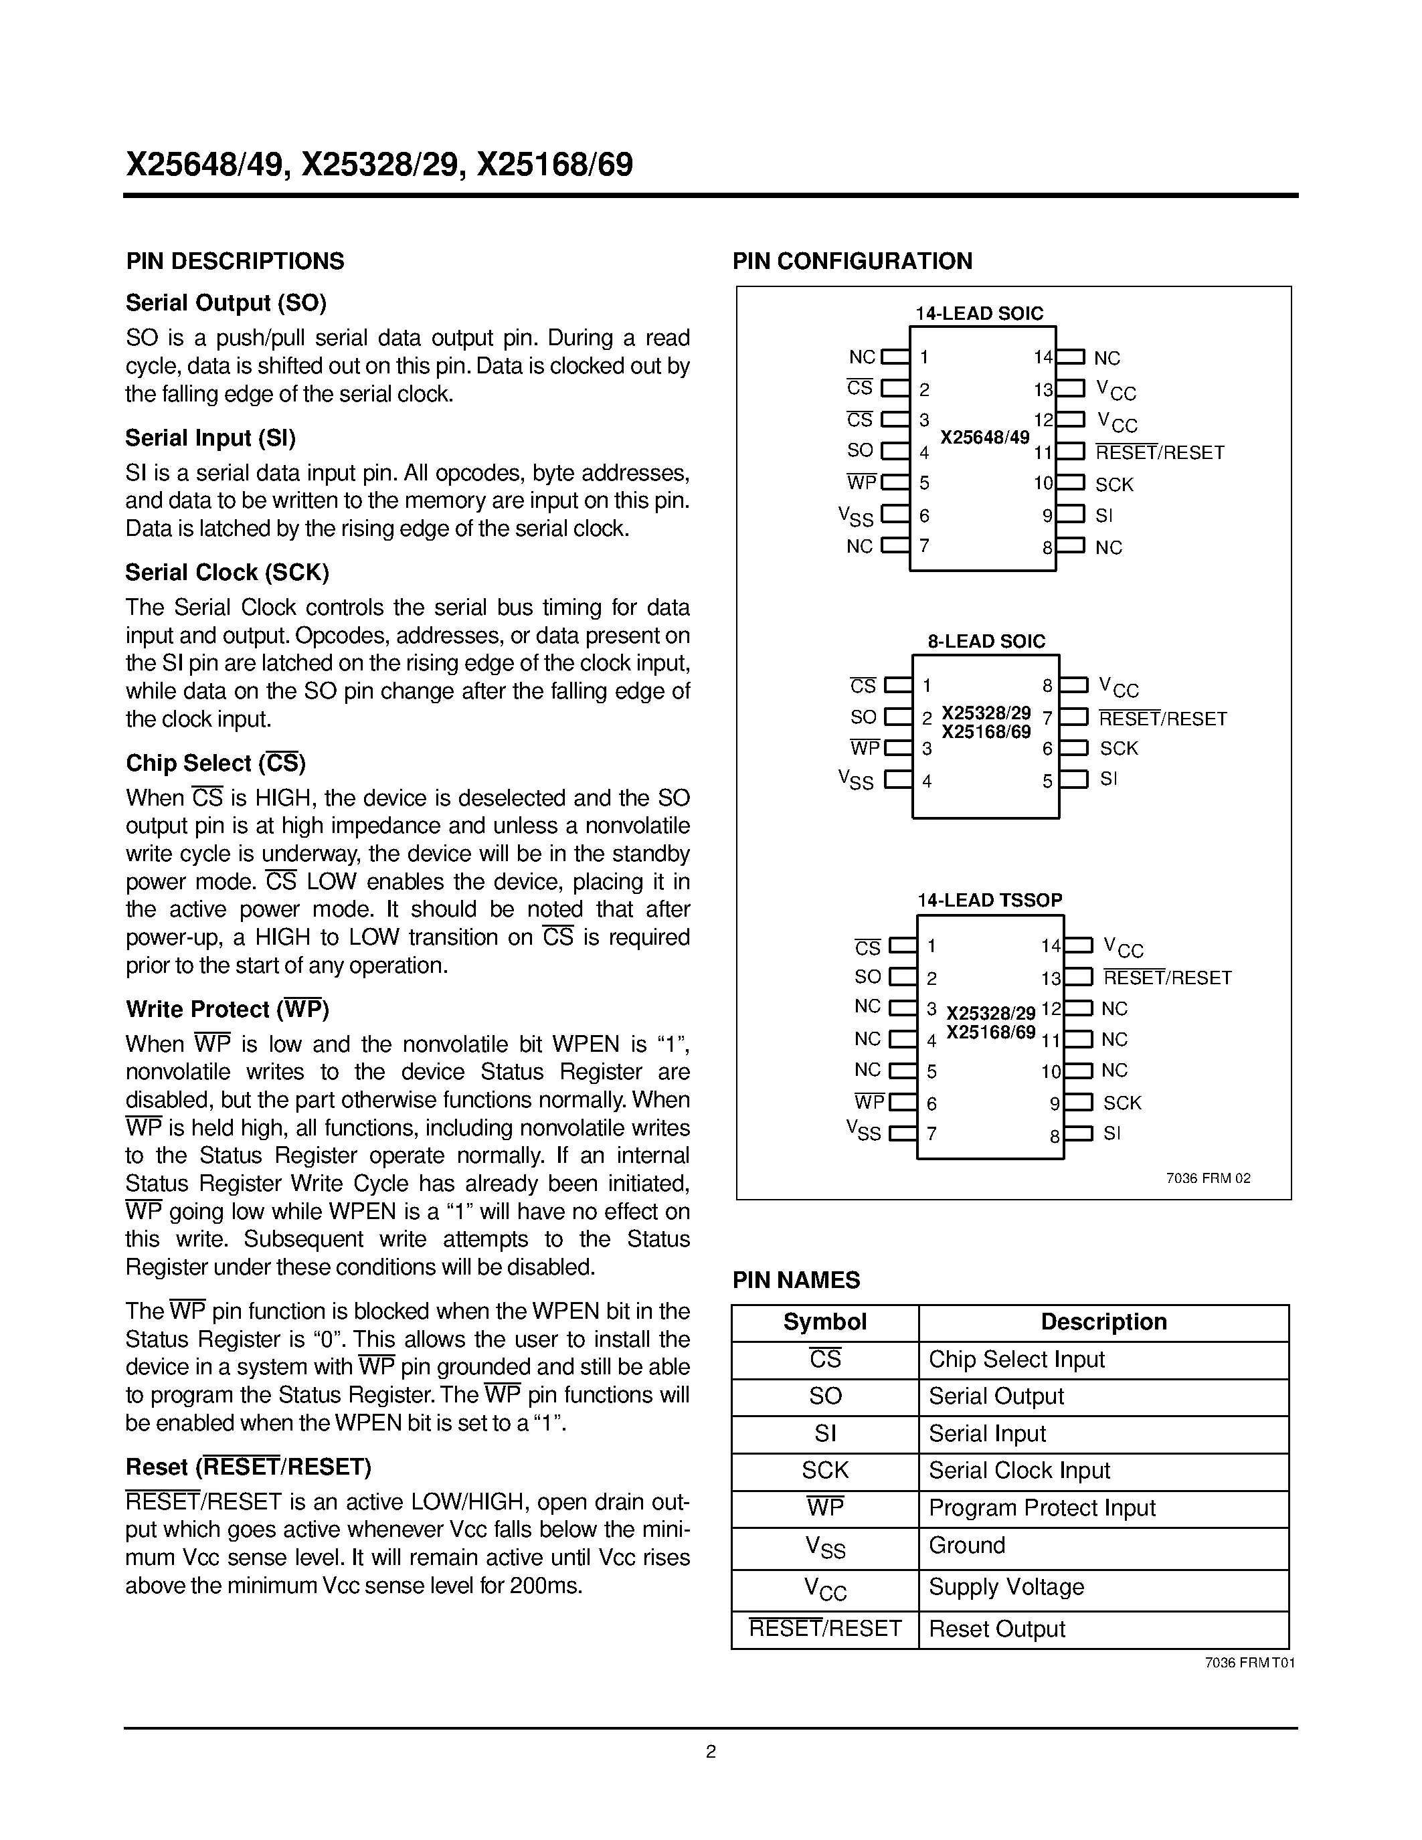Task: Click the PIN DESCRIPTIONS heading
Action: tap(235, 261)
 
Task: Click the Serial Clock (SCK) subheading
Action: tap(227, 573)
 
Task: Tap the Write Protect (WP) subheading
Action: tap(227, 1009)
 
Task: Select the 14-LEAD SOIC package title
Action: tap(979, 313)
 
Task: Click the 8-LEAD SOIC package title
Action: tap(986, 641)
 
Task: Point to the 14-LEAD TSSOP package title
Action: tap(989, 901)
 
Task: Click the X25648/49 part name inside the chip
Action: tap(984, 438)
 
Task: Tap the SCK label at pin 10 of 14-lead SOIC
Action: tap(1114, 484)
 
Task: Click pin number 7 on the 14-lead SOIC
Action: tap(924, 546)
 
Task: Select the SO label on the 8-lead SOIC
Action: tap(863, 718)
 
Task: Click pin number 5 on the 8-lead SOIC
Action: tap(1047, 781)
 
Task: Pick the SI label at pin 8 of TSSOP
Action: tap(1112, 1134)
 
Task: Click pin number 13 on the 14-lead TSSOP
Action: tap(1051, 979)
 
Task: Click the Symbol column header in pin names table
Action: tap(824, 1322)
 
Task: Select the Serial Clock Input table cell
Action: tap(1019, 1470)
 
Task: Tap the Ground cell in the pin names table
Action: tap(967, 1545)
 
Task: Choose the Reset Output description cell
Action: tap(996, 1629)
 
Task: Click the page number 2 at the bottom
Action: tap(710, 1752)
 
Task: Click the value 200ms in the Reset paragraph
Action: tap(546, 1586)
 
